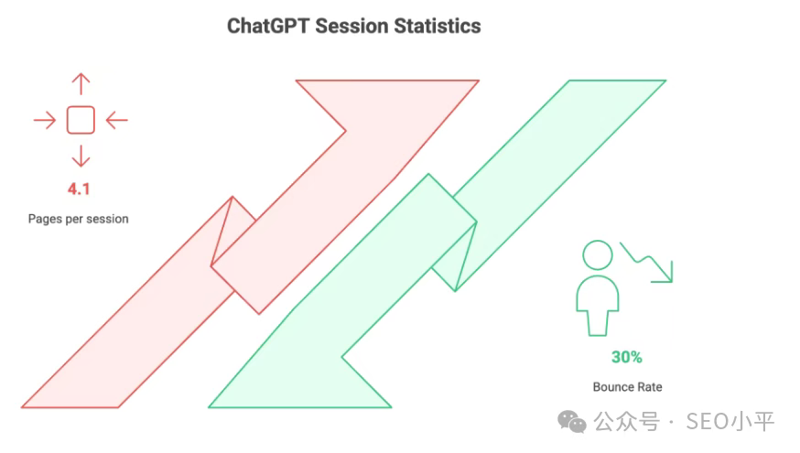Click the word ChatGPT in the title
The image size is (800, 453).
click(268, 26)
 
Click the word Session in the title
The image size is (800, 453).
click(352, 26)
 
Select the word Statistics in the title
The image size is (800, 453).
click(438, 26)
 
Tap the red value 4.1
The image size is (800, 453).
click(79, 189)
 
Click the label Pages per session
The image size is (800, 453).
click(78, 219)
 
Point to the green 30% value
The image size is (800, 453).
click(626, 357)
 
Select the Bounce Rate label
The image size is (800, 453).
click(627, 387)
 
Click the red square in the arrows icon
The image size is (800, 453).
click(81, 120)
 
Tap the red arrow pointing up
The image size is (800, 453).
click(81, 84)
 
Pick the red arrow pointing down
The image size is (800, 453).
click(81, 156)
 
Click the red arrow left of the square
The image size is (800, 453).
click(45, 121)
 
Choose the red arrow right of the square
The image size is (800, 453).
click(117, 121)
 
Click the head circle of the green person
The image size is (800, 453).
click(598, 255)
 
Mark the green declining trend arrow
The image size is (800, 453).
click(647, 262)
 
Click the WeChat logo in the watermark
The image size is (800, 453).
click(571, 421)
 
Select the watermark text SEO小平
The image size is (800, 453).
click(730, 422)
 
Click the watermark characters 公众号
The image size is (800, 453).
click(626, 422)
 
